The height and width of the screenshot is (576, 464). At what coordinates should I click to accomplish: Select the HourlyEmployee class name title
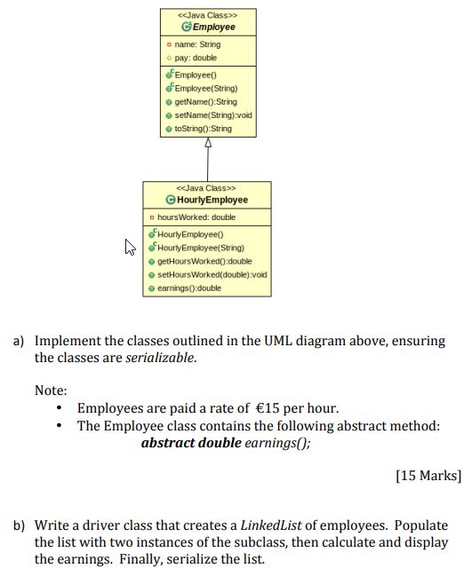(x=211, y=200)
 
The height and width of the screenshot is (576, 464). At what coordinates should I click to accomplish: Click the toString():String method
(x=203, y=129)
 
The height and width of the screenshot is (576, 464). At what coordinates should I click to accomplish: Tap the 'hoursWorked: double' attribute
(x=196, y=217)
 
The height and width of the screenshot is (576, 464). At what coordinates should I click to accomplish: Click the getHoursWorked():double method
(x=206, y=262)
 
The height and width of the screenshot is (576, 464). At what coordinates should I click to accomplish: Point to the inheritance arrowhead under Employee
(x=208, y=142)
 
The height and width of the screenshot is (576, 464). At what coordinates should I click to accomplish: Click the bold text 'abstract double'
(x=191, y=442)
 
